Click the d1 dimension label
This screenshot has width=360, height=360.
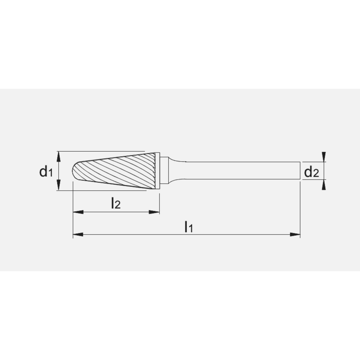(46, 172)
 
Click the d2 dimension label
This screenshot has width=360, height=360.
(311, 172)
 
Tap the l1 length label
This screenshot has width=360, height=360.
(189, 227)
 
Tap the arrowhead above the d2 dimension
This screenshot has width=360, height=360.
(324, 157)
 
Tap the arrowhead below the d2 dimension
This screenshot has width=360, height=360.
(324, 185)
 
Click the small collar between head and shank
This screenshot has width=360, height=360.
(164, 171)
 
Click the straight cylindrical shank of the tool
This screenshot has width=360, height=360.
(241, 171)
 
